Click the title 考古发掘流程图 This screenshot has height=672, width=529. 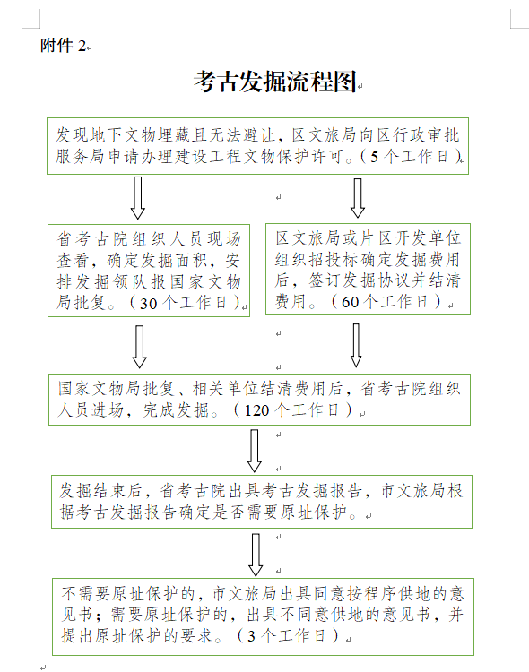[x=275, y=82]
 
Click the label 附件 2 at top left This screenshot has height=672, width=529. [x=64, y=45]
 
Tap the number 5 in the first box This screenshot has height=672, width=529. [x=374, y=157]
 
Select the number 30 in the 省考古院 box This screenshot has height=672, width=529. [x=149, y=304]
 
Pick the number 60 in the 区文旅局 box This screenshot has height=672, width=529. [x=350, y=302]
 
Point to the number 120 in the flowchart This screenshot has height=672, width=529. [x=256, y=410]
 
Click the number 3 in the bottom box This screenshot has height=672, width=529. [x=252, y=635]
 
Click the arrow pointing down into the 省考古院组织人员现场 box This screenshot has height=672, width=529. [x=138, y=198]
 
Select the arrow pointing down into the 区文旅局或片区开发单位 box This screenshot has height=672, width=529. [x=358, y=198]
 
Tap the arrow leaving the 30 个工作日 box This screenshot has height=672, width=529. [x=140, y=346]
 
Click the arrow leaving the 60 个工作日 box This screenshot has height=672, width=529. [x=356, y=345]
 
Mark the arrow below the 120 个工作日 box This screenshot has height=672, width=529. [x=255, y=451]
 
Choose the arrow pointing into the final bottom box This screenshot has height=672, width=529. [x=256, y=555]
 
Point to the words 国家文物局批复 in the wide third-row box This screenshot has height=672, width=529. [x=117, y=389]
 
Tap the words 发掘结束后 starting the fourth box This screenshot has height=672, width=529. [x=101, y=491]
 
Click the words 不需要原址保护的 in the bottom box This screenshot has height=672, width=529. [x=128, y=594]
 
